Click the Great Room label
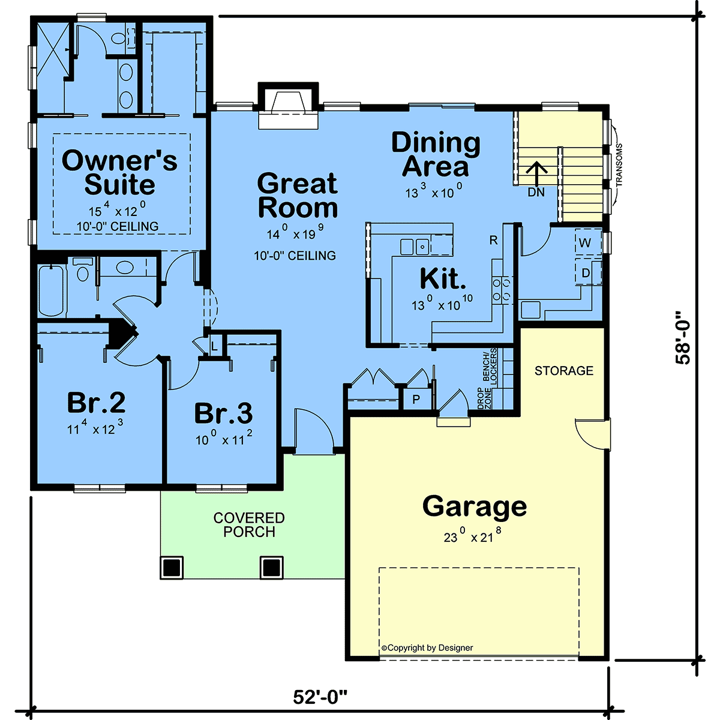(298, 195)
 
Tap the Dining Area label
(436, 154)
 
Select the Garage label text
(475, 507)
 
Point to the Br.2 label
(97, 403)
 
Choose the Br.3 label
(223, 413)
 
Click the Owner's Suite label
(119, 172)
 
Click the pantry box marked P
(416, 400)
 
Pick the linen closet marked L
(214, 346)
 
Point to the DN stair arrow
(536, 174)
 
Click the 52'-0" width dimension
(320, 697)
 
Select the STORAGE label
(564, 371)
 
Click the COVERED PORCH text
(249, 524)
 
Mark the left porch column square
(172, 568)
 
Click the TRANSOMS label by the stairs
(619, 165)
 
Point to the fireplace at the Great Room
(288, 106)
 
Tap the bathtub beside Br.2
(51, 291)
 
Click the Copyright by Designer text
(427, 647)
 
